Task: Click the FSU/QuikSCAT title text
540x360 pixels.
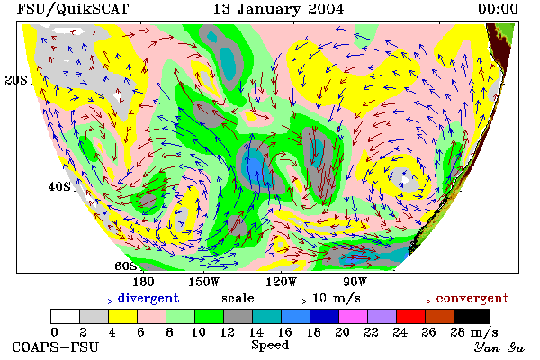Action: coord(73,9)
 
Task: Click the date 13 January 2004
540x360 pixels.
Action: coord(278,9)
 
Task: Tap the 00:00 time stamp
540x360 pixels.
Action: coord(498,9)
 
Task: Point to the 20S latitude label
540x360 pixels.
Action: coord(16,80)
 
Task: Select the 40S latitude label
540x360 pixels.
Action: coord(59,186)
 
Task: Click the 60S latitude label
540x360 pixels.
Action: coord(126,266)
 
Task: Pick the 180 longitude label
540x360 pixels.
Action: coord(143,282)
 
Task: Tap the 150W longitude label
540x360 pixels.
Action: coord(204,282)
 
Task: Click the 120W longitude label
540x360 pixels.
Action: coord(281,282)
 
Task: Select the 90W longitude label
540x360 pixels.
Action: coord(355,282)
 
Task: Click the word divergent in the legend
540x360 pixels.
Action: coord(148,298)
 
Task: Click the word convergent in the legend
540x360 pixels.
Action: coord(472,298)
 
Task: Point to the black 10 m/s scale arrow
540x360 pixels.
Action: coord(283,301)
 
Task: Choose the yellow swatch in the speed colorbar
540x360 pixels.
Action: coord(123,316)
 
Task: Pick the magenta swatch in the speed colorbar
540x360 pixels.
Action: coord(354,316)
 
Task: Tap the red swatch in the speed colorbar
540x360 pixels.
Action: coord(411,316)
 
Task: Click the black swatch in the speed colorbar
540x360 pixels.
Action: coord(472,316)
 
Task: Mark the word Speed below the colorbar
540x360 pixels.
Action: coord(270,346)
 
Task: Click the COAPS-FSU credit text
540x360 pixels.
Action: coord(56,346)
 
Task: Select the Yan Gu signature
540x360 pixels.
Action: coord(499,347)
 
